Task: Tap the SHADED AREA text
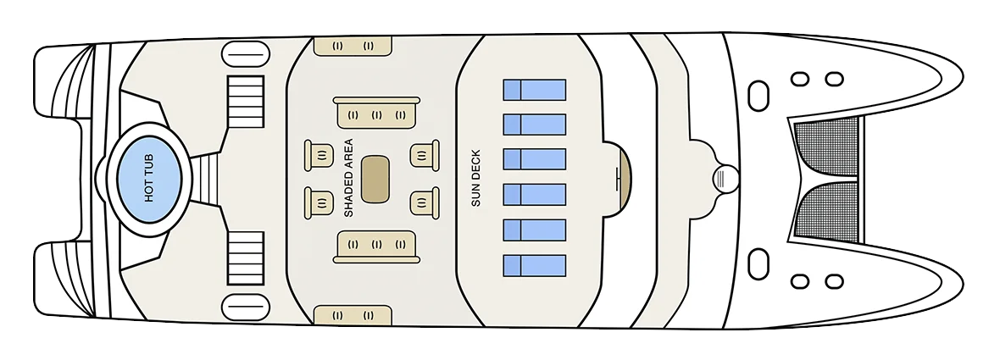pyautogui.click(x=348, y=179)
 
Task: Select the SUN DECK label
pyautogui.click(x=475, y=179)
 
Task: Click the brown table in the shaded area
pyautogui.click(x=375, y=179)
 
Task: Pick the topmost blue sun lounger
pyautogui.click(x=535, y=90)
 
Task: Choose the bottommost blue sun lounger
pyautogui.click(x=535, y=266)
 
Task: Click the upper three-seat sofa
pyautogui.click(x=376, y=113)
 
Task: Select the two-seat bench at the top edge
pyautogui.click(x=353, y=46)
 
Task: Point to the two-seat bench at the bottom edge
pyautogui.click(x=353, y=315)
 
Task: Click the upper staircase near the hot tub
pyautogui.click(x=246, y=102)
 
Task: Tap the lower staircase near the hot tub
pyautogui.click(x=246, y=258)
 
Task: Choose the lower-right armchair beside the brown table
pyautogui.click(x=424, y=202)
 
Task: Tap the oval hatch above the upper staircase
pyautogui.click(x=246, y=54)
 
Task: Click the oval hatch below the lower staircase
pyautogui.click(x=246, y=307)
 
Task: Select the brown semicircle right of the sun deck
pyautogui.click(x=623, y=179)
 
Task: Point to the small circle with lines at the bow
pyautogui.click(x=725, y=178)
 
